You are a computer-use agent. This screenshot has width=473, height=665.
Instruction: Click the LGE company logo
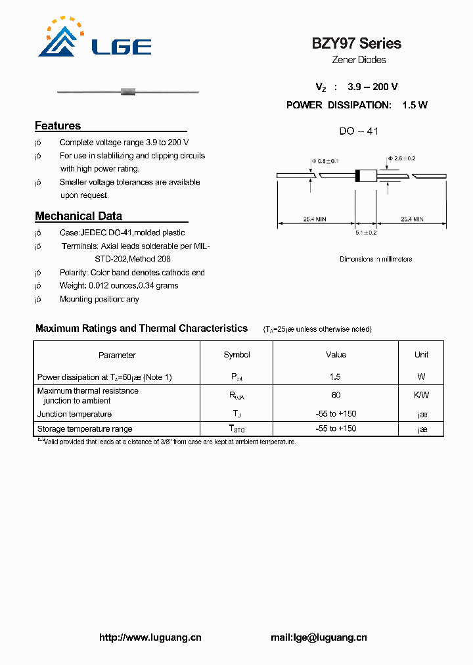click(95, 39)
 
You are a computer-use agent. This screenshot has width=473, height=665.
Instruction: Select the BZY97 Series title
click(356, 43)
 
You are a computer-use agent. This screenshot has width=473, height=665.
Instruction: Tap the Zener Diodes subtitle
click(358, 60)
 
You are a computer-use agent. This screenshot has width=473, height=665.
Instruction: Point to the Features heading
click(58, 126)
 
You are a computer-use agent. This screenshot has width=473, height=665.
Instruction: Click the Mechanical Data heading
click(78, 216)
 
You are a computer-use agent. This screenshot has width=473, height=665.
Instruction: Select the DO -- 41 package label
click(359, 131)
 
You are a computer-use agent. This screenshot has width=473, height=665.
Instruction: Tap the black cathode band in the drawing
click(358, 175)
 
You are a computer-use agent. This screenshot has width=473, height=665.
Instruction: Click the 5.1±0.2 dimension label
click(366, 233)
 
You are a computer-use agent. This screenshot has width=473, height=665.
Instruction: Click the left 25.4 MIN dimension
click(315, 219)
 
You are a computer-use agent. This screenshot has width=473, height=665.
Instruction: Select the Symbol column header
click(236, 355)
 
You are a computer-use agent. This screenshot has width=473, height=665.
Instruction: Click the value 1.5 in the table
click(335, 377)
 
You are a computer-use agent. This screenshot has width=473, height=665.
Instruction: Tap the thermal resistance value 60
click(335, 395)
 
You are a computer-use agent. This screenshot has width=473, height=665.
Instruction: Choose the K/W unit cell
click(421, 395)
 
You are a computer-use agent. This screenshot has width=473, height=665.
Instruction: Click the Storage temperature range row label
click(85, 429)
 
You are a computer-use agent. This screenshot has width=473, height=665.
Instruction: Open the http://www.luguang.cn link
click(150, 637)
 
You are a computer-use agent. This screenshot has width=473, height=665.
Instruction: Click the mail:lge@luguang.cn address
click(319, 637)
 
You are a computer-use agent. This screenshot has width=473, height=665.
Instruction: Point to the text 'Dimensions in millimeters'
click(376, 259)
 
